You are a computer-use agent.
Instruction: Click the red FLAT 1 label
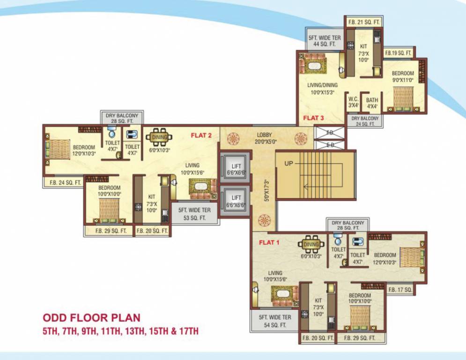coord(269,243)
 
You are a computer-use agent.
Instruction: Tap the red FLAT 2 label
coord(201,136)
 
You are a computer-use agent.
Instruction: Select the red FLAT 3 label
coord(313,118)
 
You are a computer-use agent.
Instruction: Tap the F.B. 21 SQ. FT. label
coord(364,22)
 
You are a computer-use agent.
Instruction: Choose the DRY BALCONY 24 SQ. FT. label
coord(365,121)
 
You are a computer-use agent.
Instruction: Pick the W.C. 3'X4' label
coord(353,103)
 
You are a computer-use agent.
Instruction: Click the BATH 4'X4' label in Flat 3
coord(372,103)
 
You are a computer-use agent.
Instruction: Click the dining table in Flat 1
coord(311,244)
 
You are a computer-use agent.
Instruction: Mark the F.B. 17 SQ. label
coord(400,290)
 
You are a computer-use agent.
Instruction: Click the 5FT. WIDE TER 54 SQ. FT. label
coord(275,321)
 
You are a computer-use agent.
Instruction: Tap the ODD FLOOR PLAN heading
coord(91,319)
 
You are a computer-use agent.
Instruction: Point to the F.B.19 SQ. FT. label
coord(399,53)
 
